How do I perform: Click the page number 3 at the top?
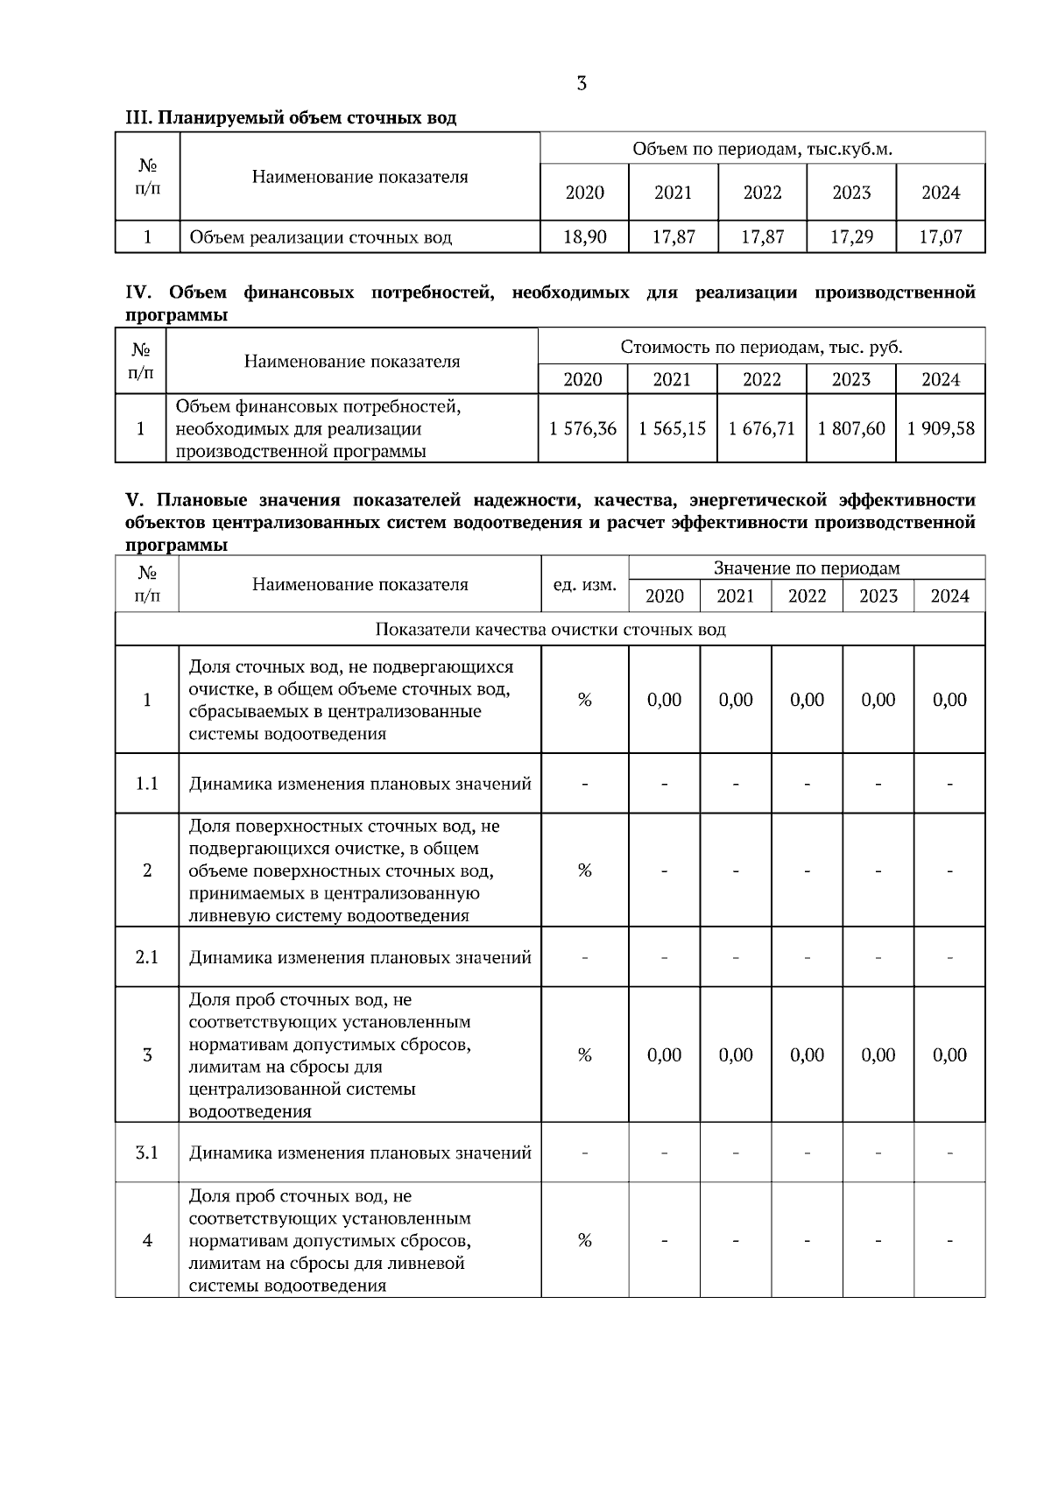click(x=582, y=84)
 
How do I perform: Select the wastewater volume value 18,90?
click(x=584, y=236)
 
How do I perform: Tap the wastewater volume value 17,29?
click(x=851, y=236)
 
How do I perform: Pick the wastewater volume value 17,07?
click(x=941, y=236)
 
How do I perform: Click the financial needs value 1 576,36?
click(x=582, y=429)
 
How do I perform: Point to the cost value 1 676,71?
click(x=761, y=429)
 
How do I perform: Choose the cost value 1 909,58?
click(x=941, y=429)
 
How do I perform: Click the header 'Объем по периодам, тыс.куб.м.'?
click(x=762, y=149)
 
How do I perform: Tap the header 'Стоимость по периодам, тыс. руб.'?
click(x=761, y=347)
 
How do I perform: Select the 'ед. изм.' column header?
click(x=585, y=584)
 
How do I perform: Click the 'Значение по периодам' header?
click(x=807, y=568)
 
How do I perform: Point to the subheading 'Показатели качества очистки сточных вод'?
click(x=550, y=630)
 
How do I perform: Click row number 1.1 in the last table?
click(x=147, y=783)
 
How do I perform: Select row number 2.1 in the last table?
click(x=147, y=957)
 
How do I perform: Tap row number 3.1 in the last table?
click(x=147, y=1152)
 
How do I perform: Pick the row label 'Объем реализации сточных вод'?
click(x=321, y=236)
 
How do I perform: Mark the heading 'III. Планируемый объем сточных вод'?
click(x=291, y=117)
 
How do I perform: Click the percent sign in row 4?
click(x=585, y=1240)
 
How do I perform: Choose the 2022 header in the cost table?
click(x=761, y=379)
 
